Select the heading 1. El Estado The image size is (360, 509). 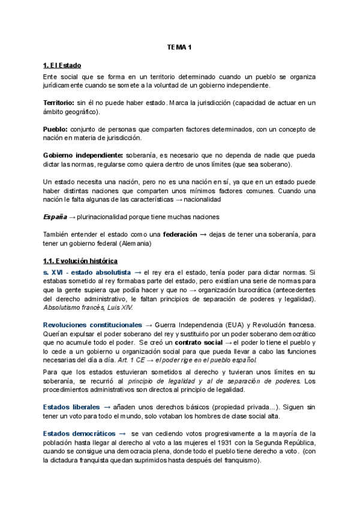[62, 65]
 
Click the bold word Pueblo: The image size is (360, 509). [56, 129]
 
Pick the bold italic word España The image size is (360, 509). [54, 217]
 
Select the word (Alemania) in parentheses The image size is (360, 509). [153, 243]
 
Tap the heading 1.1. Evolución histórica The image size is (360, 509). [81, 261]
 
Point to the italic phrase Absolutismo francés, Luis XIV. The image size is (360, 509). [88, 307]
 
